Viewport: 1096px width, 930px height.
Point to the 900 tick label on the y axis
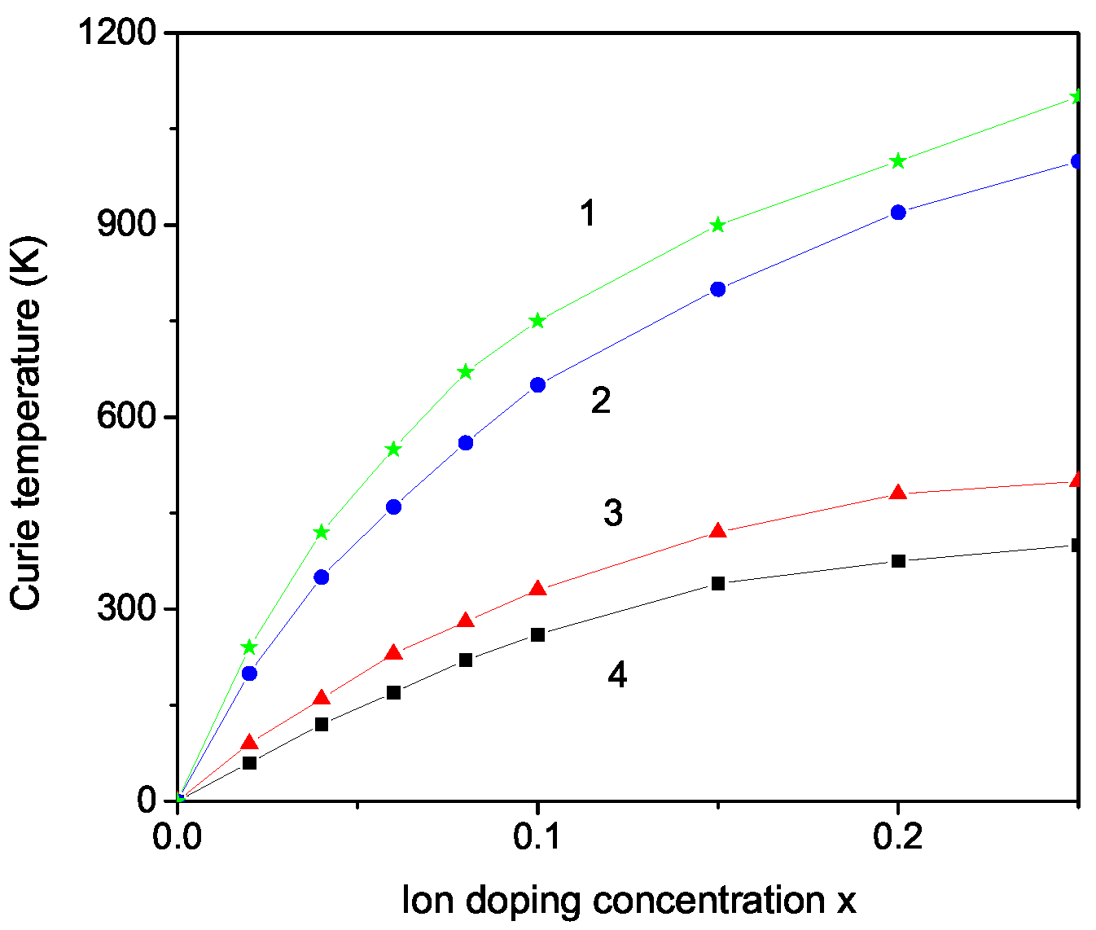(127, 226)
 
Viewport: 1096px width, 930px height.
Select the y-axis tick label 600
(127, 417)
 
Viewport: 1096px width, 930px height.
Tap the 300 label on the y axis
(127, 609)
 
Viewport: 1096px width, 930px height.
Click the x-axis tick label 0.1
(537, 837)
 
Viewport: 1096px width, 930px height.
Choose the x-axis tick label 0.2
(897, 837)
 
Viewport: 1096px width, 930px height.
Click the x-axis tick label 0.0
(178, 837)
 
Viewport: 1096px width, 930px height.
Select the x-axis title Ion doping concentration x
(629, 901)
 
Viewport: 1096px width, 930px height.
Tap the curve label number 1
(588, 213)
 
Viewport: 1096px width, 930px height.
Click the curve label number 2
(601, 401)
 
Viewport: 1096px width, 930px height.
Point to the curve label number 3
(613, 513)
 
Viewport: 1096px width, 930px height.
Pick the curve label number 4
(617, 675)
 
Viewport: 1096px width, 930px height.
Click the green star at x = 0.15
(717, 225)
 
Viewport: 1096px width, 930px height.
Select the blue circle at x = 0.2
(898, 212)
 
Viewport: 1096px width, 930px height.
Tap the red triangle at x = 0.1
(537, 589)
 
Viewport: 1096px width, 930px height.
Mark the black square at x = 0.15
(717, 583)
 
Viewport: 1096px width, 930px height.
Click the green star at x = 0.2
(898, 161)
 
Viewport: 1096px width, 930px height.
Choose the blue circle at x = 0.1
(537, 384)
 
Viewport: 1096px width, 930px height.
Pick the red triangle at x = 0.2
(898, 493)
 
